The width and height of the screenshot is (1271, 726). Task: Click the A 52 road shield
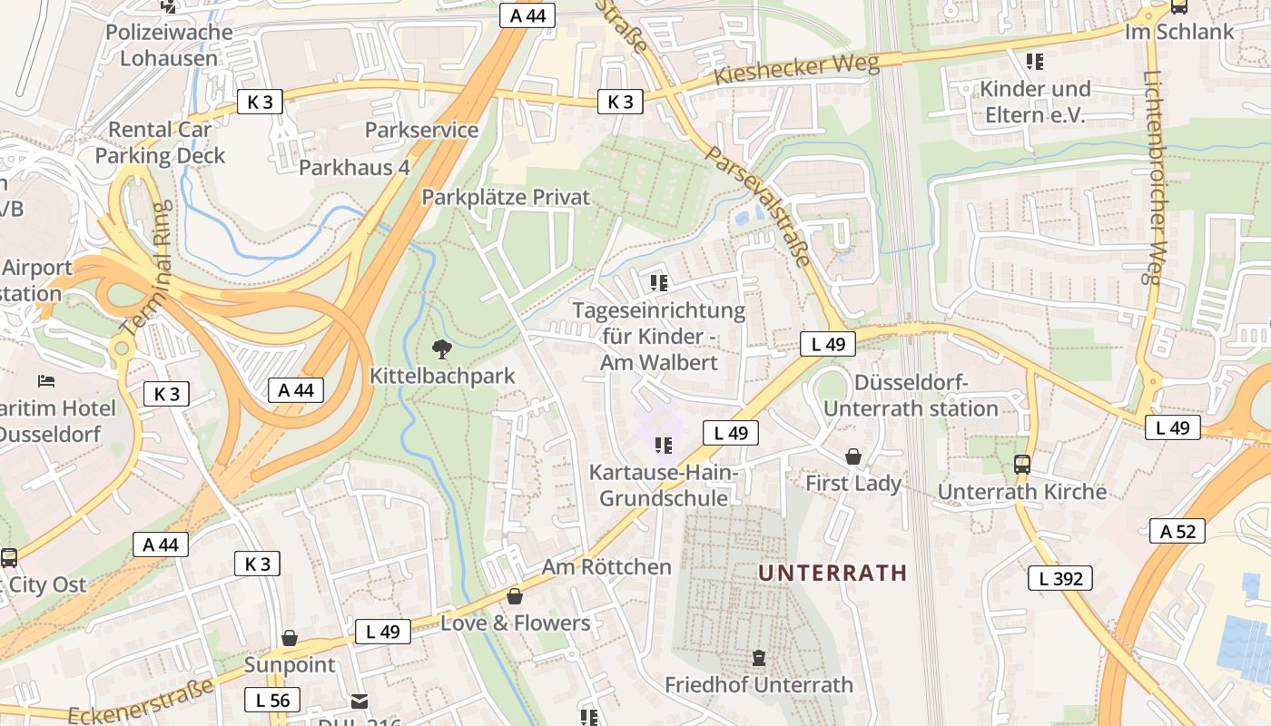click(x=1178, y=531)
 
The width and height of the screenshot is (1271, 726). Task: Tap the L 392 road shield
click(x=1060, y=578)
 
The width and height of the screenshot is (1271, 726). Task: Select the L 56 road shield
click(x=272, y=700)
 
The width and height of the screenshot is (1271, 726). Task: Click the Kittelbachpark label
click(x=442, y=376)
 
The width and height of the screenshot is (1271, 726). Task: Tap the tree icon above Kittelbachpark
click(x=442, y=348)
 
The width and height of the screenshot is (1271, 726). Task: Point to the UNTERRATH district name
click(x=833, y=573)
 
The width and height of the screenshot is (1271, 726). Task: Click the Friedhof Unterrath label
click(x=759, y=684)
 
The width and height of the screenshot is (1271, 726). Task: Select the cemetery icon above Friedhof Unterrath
click(x=759, y=658)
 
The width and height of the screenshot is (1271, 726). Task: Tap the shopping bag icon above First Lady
click(x=853, y=456)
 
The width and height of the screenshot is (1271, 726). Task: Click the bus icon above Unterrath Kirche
click(x=1022, y=465)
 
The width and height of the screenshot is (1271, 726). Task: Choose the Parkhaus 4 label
click(x=354, y=168)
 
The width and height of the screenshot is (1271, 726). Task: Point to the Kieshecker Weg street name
click(x=796, y=69)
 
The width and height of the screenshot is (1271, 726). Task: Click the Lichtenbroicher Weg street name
click(x=1155, y=178)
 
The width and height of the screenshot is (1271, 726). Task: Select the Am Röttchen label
click(x=606, y=567)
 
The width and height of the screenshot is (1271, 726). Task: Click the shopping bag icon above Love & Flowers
click(x=515, y=596)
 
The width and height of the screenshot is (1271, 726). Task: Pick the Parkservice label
click(x=421, y=130)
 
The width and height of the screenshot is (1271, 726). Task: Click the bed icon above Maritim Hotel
click(x=45, y=381)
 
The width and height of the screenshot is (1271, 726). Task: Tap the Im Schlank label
click(x=1179, y=32)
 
